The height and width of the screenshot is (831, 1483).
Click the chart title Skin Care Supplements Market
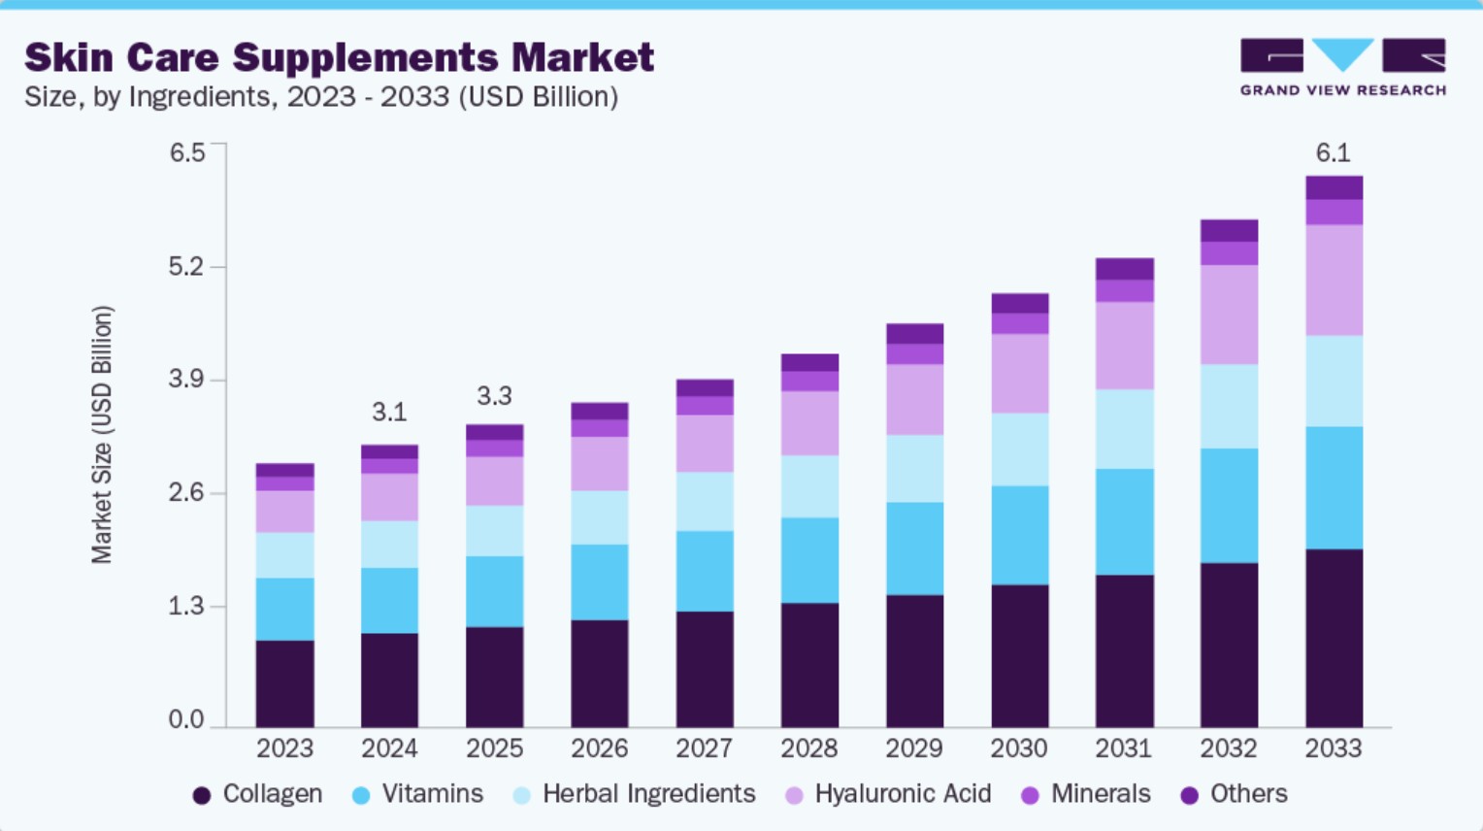[x=339, y=57]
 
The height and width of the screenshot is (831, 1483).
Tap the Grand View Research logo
[x=1342, y=67]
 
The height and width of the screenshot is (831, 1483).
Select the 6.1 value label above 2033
[x=1333, y=152]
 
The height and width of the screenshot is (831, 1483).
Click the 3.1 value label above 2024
[x=389, y=413]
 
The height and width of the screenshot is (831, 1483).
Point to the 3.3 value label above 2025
[x=494, y=396]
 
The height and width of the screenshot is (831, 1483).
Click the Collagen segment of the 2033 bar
[x=1334, y=638]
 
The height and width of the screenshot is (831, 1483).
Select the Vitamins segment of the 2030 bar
[x=1019, y=535]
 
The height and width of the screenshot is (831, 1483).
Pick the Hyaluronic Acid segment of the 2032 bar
[x=1229, y=315]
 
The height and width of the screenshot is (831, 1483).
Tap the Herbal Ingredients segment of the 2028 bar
[x=809, y=486]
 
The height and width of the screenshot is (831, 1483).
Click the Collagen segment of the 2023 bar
[x=284, y=683]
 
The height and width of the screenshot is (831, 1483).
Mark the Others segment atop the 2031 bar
[x=1124, y=269]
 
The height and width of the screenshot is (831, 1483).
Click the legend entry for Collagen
[x=258, y=794]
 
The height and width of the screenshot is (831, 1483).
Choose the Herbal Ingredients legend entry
[x=635, y=794]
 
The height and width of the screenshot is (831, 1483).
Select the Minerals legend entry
[x=1086, y=794]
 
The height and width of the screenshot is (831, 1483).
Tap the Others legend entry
[x=1235, y=794]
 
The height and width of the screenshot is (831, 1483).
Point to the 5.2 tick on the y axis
[x=186, y=266]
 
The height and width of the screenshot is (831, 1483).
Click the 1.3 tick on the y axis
[x=186, y=607]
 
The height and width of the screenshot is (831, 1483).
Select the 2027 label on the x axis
[x=704, y=748]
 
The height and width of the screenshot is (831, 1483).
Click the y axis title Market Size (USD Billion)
[x=102, y=435]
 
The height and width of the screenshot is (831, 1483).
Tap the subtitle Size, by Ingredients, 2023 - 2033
[x=320, y=97]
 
